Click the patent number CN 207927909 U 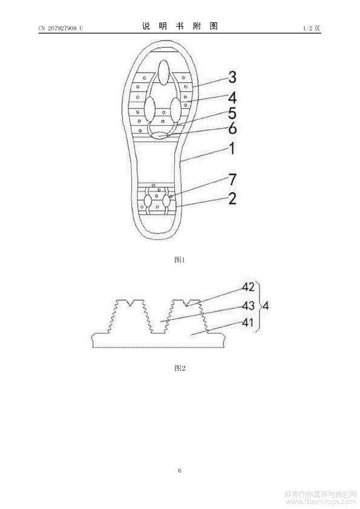[x=61, y=28]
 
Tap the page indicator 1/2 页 [x=312, y=28]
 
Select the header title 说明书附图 [x=180, y=26]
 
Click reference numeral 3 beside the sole [x=232, y=77]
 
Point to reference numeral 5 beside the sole [x=232, y=114]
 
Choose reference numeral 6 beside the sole [x=232, y=129]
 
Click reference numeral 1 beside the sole [x=232, y=149]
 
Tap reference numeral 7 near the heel [x=232, y=180]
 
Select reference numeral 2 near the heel [x=232, y=199]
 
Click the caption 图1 [x=179, y=260]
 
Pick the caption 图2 [x=180, y=368]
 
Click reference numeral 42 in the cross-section [x=248, y=287]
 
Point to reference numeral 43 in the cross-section [x=248, y=305]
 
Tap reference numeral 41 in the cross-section [x=248, y=323]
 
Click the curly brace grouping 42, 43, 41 [x=260, y=306]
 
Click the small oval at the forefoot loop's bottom [x=160, y=135]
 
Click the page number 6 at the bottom [x=180, y=470]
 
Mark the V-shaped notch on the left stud [x=131, y=303]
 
